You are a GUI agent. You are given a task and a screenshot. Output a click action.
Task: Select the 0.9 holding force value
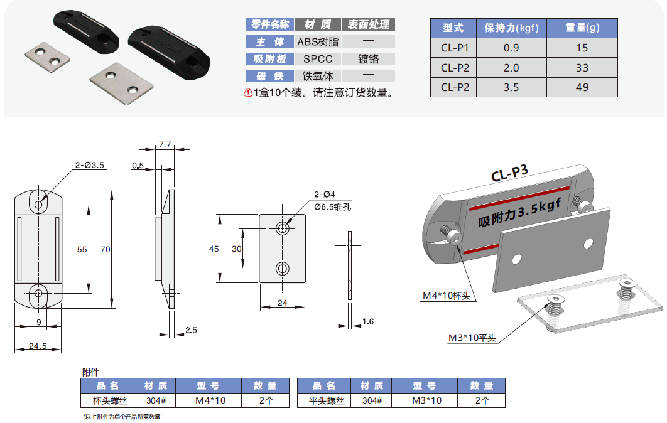point(511,48)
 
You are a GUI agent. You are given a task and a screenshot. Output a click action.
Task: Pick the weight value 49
point(582,87)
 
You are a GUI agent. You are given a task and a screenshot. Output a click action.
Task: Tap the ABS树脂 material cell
point(318,42)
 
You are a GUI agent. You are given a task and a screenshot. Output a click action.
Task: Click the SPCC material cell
point(318,59)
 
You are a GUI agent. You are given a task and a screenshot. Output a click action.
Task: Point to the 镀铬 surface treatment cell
point(369,59)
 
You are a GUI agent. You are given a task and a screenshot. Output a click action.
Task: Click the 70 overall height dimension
point(105,249)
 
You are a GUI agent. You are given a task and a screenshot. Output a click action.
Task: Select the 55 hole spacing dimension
point(82,249)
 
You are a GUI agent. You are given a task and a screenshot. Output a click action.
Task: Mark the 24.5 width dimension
point(37,345)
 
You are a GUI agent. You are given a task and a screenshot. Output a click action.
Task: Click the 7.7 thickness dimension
point(165,144)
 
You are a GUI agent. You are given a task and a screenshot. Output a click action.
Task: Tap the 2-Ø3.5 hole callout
point(89,165)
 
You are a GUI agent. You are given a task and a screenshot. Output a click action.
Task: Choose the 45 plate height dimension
point(214,249)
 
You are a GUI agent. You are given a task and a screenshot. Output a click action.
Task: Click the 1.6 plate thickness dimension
point(368,322)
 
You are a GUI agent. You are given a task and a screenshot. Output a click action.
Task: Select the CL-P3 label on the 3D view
point(509,174)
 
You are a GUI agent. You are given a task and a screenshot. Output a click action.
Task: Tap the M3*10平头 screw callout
point(472,338)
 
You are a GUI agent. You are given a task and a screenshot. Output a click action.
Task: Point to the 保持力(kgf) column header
point(511,28)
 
